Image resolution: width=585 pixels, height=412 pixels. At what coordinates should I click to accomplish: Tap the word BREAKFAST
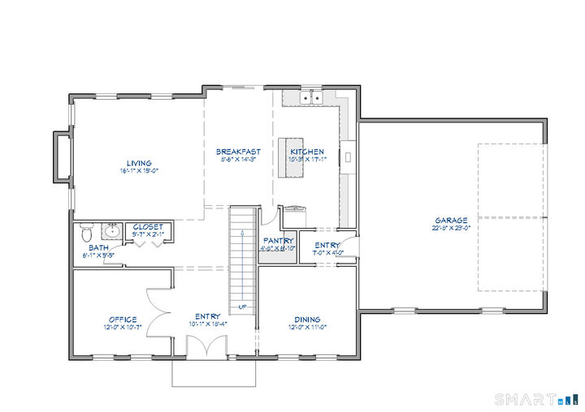(238, 152)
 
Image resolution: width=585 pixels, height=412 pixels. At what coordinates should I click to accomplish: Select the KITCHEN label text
(307, 152)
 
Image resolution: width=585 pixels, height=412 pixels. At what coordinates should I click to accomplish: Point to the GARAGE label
(451, 220)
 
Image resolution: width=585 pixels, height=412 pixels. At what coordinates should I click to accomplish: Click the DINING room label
(307, 320)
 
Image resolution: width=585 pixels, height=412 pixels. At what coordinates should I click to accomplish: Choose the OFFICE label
(123, 320)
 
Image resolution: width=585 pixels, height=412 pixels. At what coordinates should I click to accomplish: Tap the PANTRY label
(278, 241)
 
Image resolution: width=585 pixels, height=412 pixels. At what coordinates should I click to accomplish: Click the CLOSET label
(148, 227)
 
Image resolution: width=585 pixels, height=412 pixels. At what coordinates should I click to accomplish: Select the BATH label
(99, 248)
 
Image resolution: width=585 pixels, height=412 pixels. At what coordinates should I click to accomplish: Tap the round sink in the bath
(113, 232)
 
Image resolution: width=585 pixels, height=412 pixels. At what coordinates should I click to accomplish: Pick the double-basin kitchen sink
(310, 99)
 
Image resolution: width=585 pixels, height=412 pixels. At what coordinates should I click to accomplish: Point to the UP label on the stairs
(243, 307)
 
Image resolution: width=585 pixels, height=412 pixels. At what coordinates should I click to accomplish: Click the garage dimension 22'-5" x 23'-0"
(451, 229)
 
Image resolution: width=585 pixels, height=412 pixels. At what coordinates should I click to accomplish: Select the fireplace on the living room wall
(60, 157)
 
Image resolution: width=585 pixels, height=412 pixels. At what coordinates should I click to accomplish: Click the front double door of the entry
(204, 346)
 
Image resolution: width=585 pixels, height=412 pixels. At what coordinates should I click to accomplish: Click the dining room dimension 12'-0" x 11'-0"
(307, 328)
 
